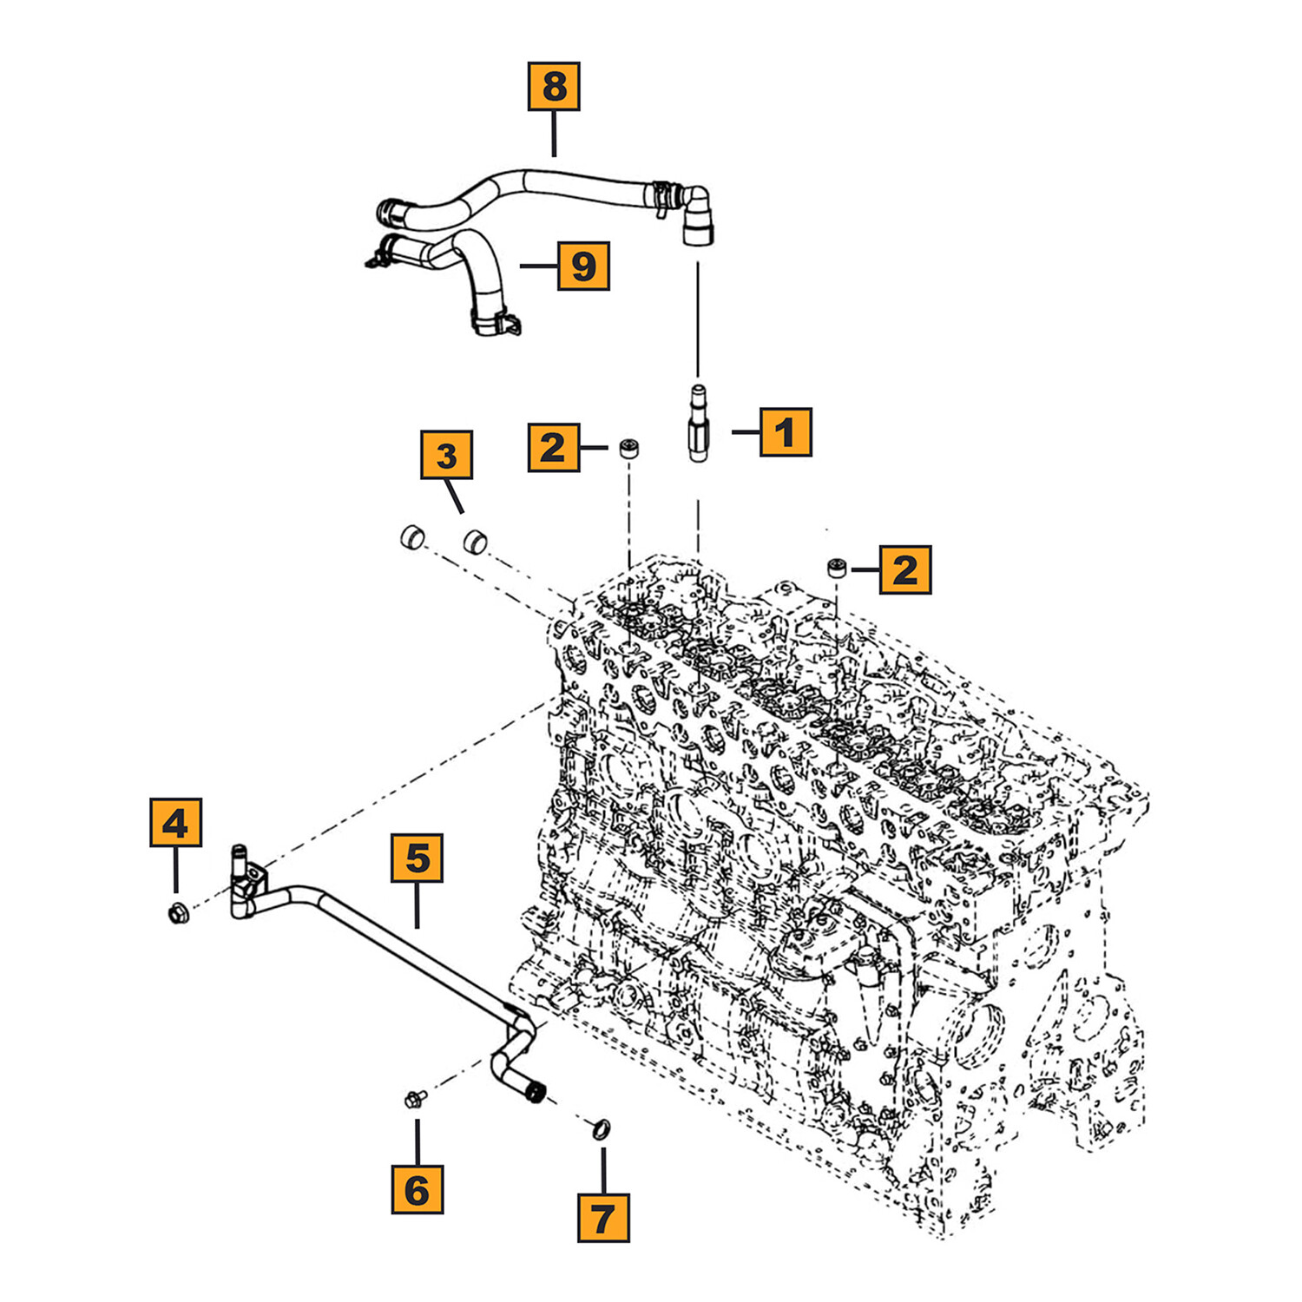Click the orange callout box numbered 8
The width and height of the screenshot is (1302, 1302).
[554, 87]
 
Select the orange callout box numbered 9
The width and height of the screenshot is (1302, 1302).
[583, 266]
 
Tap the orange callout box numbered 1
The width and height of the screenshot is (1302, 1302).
[786, 431]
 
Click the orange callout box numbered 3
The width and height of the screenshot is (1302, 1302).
[446, 455]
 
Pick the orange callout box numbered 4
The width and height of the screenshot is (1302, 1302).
[175, 822]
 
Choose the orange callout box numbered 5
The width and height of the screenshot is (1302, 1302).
[418, 858]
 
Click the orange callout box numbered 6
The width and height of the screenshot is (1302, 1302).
[418, 1189]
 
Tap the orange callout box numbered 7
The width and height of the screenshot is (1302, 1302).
[603, 1218]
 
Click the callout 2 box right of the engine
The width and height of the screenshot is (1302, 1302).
[905, 569]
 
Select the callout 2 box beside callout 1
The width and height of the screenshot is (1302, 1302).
[554, 447]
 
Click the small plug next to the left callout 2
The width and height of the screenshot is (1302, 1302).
[629, 449]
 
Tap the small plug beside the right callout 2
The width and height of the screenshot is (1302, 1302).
[836, 569]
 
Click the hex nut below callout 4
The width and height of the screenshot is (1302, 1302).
[178, 913]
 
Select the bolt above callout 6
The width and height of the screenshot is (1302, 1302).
[413, 1100]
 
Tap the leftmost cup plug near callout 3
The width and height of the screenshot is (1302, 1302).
[411, 537]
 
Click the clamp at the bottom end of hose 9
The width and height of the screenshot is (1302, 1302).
[496, 323]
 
